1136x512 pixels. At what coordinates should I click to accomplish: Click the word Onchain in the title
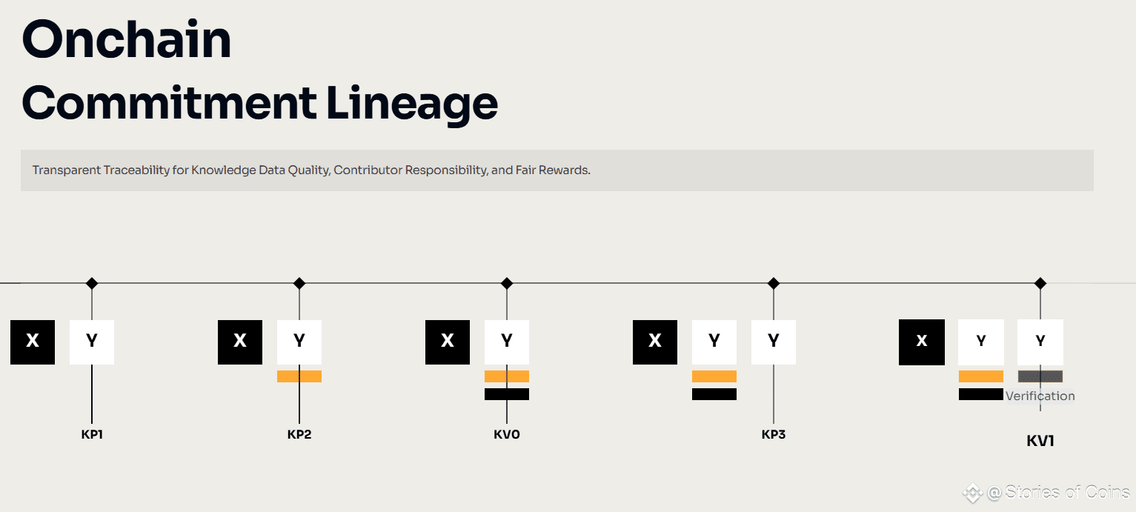(126, 39)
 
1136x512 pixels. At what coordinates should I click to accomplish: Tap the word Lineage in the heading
(412, 104)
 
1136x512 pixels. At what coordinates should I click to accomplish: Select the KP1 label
(92, 434)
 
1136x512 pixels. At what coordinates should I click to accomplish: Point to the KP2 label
(299, 434)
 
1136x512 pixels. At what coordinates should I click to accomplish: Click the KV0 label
(507, 434)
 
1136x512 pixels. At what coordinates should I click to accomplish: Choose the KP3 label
(774, 434)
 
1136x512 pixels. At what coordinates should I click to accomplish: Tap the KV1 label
(1040, 441)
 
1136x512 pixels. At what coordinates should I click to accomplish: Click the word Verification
(1040, 396)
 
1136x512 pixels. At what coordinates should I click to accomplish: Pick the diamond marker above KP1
(92, 283)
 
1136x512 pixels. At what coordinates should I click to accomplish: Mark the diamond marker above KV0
(507, 283)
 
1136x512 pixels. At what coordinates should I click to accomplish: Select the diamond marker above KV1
(1040, 283)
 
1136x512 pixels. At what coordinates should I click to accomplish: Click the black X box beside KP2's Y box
(240, 342)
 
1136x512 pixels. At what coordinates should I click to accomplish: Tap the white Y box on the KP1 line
(92, 342)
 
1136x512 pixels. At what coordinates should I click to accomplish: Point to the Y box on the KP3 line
(774, 342)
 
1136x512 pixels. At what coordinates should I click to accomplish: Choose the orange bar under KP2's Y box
(299, 376)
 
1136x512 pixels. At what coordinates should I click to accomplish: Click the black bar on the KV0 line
(507, 394)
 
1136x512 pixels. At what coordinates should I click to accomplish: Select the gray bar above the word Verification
(1040, 376)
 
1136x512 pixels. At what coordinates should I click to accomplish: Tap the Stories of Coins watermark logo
(973, 493)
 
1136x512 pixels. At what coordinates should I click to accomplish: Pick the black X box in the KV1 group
(922, 342)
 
